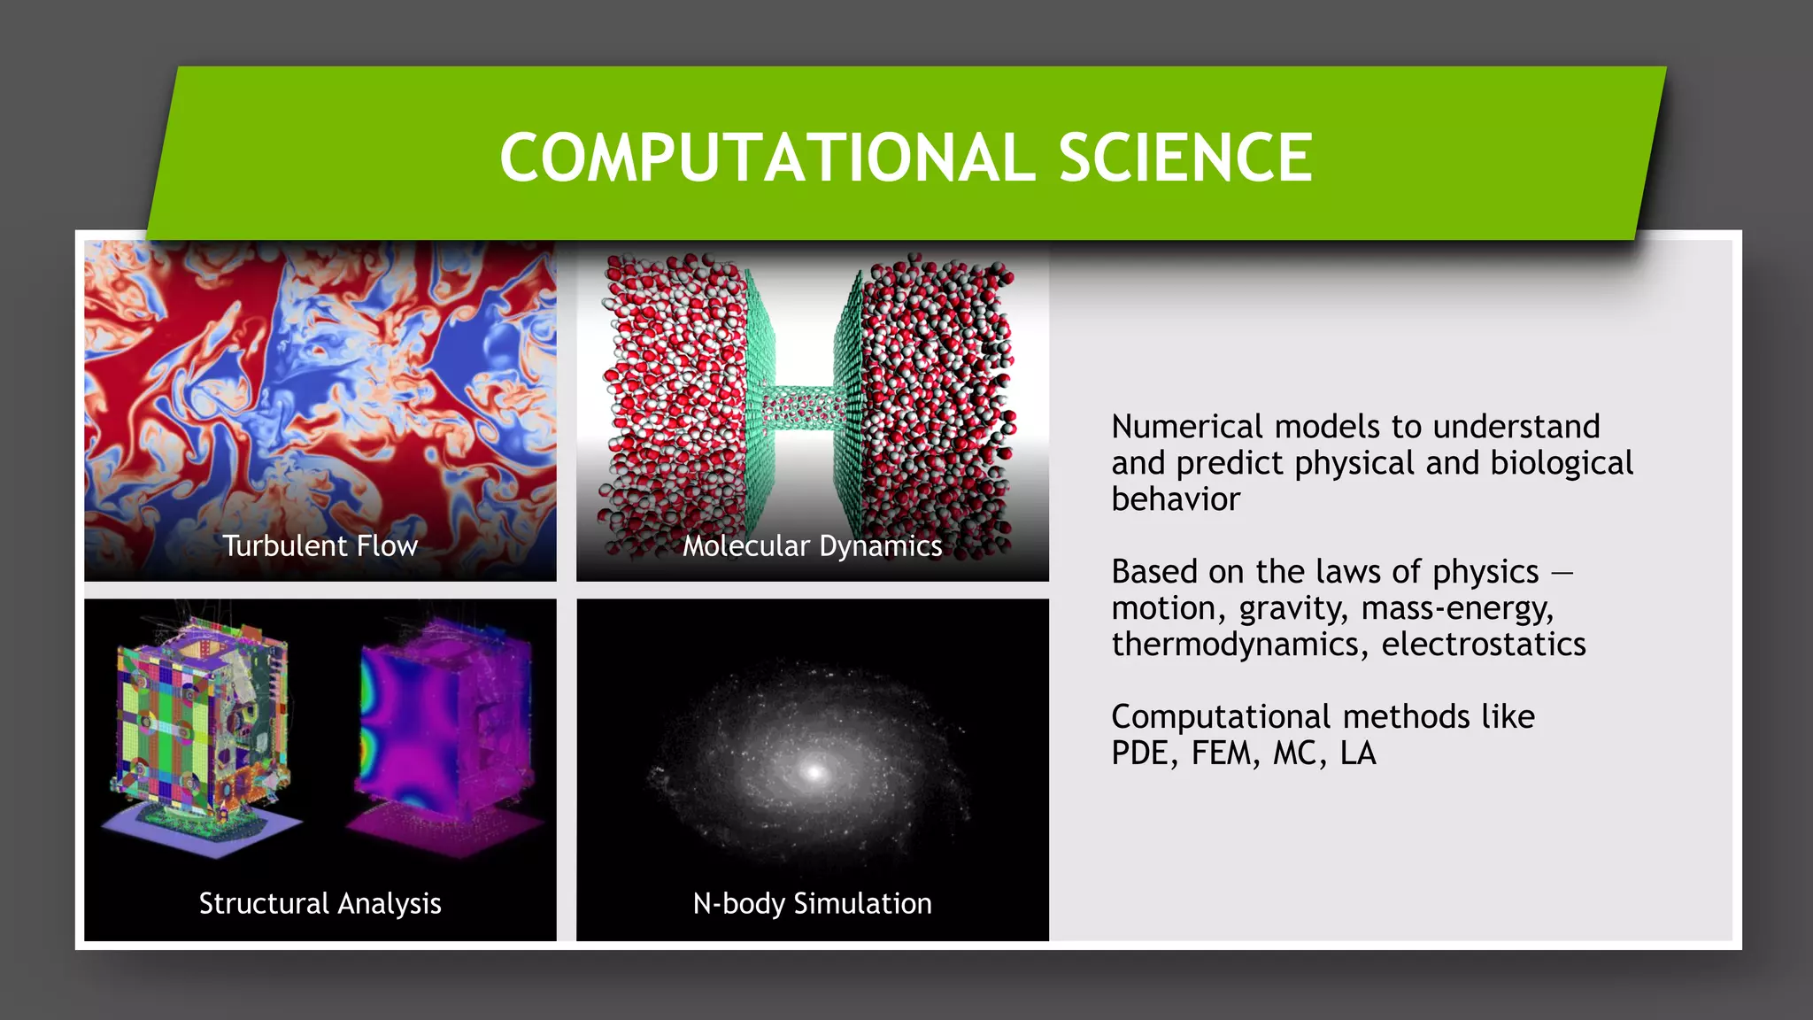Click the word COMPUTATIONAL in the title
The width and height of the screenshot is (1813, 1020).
pyautogui.click(x=767, y=158)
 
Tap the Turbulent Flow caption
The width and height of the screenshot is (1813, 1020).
pyautogui.click(x=320, y=545)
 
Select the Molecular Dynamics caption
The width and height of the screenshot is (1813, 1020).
pyautogui.click(x=812, y=545)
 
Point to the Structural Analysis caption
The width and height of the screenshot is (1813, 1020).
pyautogui.click(x=320, y=903)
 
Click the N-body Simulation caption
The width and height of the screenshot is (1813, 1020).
pyautogui.click(x=812, y=903)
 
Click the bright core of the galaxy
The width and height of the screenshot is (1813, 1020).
pyautogui.click(x=814, y=772)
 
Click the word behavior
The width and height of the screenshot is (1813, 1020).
pyautogui.click(x=1175, y=499)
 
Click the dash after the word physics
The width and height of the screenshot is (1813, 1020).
pyautogui.click(x=1562, y=573)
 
